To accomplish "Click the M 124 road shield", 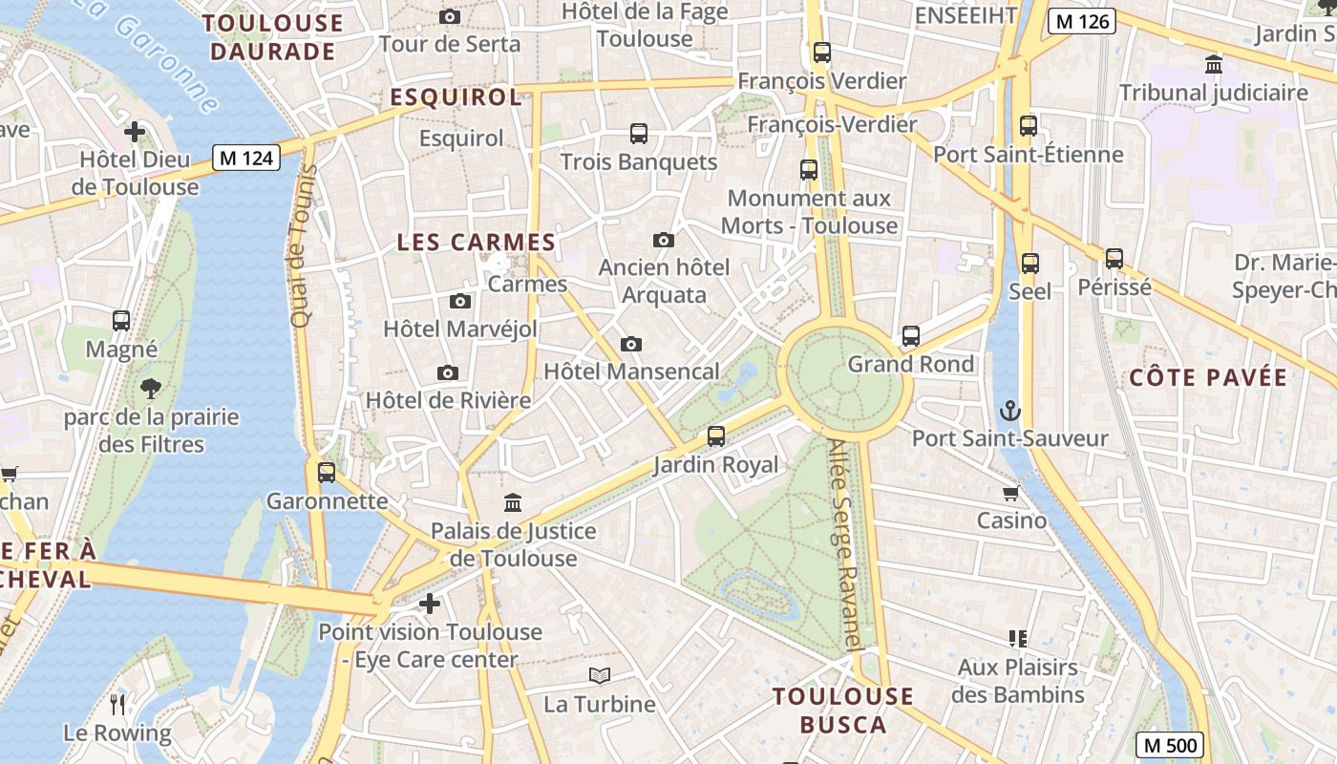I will (x=245, y=158).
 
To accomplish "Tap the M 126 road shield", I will (x=1081, y=20).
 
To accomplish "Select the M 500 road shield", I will (x=1170, y=745).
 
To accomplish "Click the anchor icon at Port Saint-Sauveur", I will (x=1009, y=412).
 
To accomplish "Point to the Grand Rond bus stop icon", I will (x=911, y=336).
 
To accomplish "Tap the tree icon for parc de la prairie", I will (x=150, y=389).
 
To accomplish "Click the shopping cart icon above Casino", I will (x=1011, y=493).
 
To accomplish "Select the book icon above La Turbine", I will (x=599, y=676).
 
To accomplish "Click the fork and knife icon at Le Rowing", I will (x=117, y=705).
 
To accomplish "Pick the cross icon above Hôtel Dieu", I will (x=135, y=131).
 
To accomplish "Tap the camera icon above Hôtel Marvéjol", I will (x=459, y=302).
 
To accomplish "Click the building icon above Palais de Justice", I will (x=513, y=502).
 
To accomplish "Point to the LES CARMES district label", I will (x=476, y=243).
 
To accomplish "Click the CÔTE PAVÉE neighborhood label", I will (x=1208, y=377).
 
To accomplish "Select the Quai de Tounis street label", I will (x=304, y=246).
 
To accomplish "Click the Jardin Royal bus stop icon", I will (x=715, y=436).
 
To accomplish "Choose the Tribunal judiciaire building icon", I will (x=1214, y=65).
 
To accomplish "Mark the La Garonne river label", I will (x=153, y=48).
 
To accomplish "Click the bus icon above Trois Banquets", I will (x=638, y=134).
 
